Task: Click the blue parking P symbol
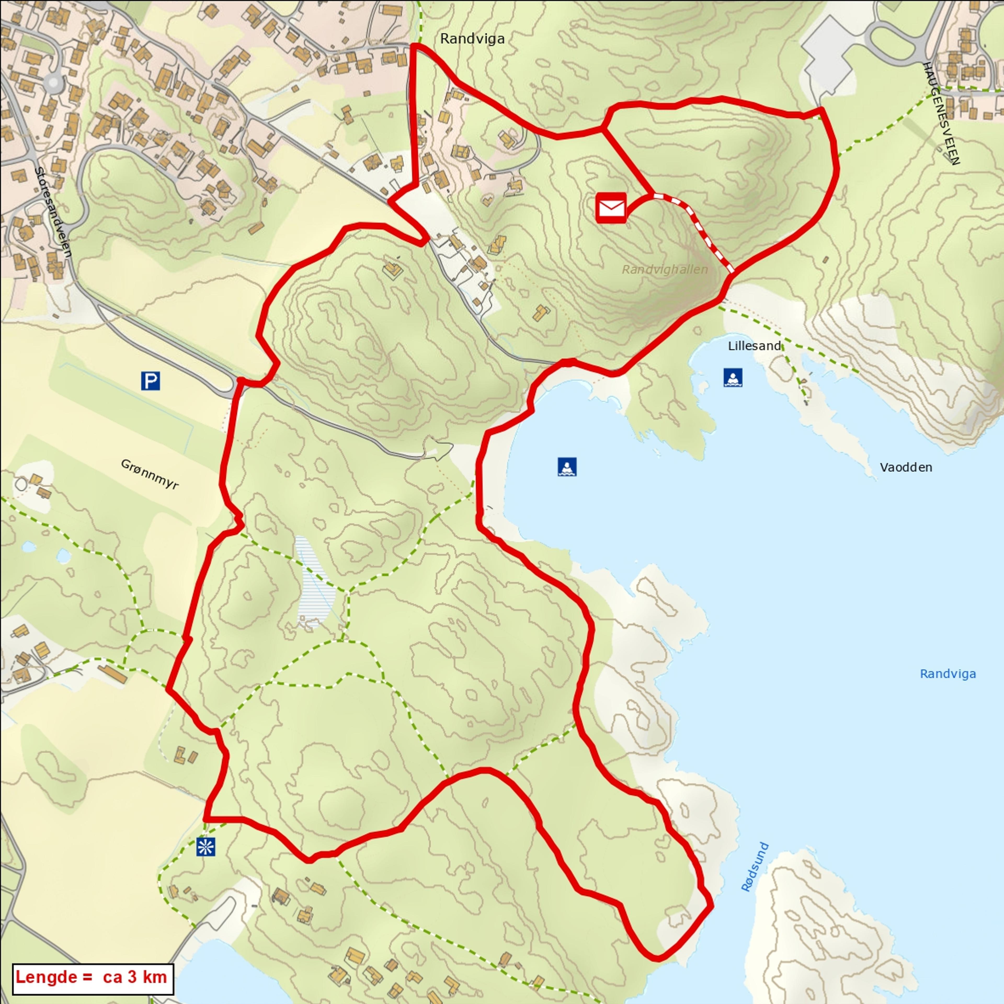[x=150, y=381]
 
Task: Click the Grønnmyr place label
[x=150, y=474]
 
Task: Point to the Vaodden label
[x=906, y=467]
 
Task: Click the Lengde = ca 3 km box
[x=92, y=977]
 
